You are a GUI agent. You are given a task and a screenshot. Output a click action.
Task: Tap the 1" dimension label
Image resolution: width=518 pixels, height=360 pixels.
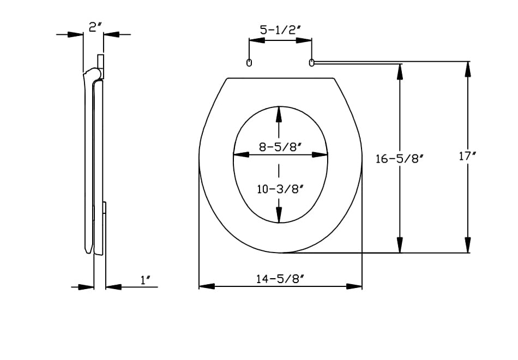(x=146, y=280)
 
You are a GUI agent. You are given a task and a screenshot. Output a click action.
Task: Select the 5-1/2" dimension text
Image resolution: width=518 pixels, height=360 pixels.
(x=280, y=31)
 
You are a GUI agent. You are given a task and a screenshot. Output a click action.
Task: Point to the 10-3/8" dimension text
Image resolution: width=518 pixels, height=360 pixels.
(x=280, y=189)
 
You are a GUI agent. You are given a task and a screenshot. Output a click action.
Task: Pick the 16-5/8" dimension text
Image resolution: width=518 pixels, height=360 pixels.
(x=400, y=159)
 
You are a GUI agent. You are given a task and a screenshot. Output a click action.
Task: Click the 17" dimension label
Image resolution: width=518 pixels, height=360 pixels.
(x=468, y=157)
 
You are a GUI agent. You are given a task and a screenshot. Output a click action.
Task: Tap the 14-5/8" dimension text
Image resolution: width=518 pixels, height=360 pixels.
(x=280, y=279)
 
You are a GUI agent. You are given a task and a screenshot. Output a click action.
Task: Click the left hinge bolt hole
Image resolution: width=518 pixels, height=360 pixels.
(x=249, y=63)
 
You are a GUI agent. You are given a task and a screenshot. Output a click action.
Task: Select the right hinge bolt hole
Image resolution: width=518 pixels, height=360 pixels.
(x=312, y=63)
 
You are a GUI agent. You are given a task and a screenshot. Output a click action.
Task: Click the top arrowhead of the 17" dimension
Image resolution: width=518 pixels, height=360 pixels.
(x=468, y=70)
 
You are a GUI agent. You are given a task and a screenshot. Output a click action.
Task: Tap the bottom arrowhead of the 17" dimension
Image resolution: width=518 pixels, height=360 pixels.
(x=468, y=245)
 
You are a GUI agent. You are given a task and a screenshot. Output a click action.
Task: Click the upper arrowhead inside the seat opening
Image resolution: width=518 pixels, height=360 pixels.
(x=279, y=115)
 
